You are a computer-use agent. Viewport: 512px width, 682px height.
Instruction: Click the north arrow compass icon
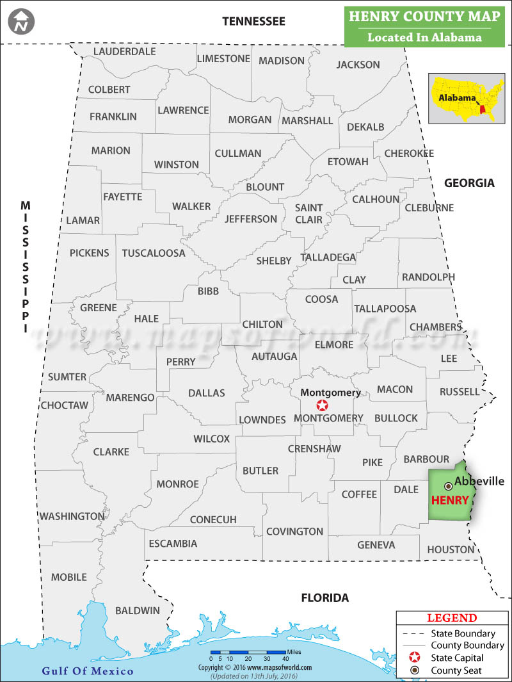(x=22, y=22)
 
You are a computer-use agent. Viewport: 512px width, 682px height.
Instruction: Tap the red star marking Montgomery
(x=322, y=405)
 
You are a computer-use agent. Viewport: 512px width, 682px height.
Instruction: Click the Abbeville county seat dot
(x=448, y=487)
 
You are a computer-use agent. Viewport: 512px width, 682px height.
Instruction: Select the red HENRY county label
(x=450, y=500)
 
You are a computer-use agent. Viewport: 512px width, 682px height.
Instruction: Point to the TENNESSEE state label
(x=253, y=21)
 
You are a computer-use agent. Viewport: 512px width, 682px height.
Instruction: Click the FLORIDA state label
(x=325, y=597)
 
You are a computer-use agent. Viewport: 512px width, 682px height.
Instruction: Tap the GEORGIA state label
(x=470, y=183)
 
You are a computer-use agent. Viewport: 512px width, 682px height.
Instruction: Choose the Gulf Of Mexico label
(x=88, y=670)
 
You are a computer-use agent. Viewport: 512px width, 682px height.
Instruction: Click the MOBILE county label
(x=68, y=577)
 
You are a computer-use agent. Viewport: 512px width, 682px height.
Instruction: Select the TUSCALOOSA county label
(x=154, y=253)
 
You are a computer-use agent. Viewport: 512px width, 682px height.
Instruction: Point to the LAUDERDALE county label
(x=124, y=51)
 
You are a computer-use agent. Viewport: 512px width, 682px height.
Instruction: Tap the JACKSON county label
(x=358, y=64)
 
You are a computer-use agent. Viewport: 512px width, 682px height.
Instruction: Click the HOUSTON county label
(x=451, y=549)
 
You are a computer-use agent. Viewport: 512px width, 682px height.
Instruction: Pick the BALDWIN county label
(x=138, y=610)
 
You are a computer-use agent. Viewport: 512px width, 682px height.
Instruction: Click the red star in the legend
(x=413, y=658)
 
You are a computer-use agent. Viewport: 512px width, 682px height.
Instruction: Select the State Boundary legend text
(x=463, y=633)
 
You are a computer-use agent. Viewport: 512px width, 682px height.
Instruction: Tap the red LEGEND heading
(x=452, y=618)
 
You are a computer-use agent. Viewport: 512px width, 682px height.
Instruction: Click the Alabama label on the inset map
(x=457, y=98)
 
